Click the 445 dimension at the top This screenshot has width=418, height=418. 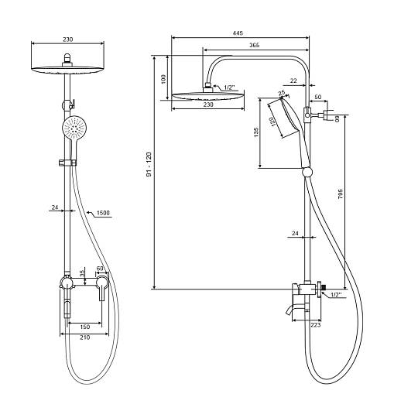(x=238, y=33)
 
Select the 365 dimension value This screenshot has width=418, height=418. (x=255, y=45)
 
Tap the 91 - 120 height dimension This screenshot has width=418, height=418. (x=149, y=164)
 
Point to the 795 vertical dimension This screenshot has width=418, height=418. (x=341, y=194)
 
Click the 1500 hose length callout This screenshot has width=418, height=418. (x=103, y=213)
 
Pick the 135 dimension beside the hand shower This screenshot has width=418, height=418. (x=256, y=132)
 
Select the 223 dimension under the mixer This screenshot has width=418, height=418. (x=316, y=325)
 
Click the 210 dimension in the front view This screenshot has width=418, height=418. (x=85, y=337)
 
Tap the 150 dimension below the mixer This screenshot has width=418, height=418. (x=85, y=327)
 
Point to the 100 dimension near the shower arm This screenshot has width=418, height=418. (x=163, y=79)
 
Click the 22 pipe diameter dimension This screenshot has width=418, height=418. (x=293, y=81)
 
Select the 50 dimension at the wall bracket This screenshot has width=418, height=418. (x=318, y=97)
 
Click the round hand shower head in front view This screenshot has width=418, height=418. (x=74, y=128)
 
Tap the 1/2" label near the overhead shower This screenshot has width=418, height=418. (x=229, y=87)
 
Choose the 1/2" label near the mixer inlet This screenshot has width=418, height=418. (x=336, y=295)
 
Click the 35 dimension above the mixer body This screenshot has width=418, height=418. (x=82, y=272)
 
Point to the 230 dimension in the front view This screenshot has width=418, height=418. (x=67, y=39)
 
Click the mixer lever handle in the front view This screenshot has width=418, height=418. (x=101, y=289)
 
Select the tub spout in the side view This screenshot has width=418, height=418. (x=290, y=310)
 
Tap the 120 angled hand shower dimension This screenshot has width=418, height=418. (x=272, y=122)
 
